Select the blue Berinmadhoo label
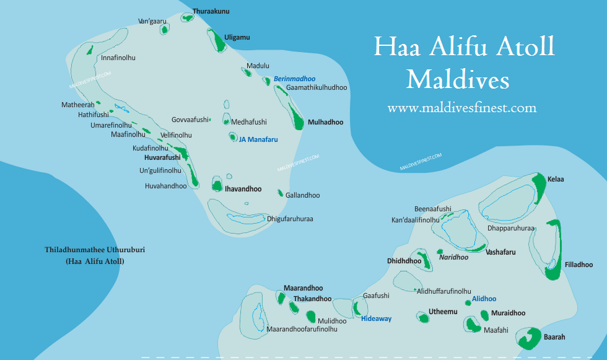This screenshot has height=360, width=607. point(294,79)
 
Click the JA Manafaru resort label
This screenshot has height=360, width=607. point(258,139)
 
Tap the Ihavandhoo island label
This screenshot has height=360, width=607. point(243,189)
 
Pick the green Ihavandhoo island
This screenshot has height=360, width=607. point(217,184)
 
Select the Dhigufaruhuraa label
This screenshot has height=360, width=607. point(290,219)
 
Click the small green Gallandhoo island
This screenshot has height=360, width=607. point(280,193)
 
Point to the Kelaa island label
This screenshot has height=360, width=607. point(556,179)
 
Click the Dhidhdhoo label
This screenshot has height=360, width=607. point(404,261)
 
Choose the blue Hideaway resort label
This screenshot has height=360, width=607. point(376,318)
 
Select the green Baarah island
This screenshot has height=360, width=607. point(528,338)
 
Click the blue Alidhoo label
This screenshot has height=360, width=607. point(484,299)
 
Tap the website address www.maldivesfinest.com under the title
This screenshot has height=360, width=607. point(461,108)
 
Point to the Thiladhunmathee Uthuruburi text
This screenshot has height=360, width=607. point(94,250)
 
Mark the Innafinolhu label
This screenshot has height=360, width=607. point(118,58)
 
